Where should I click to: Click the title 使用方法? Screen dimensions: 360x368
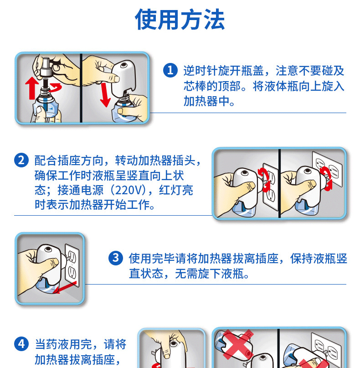pyautogui.click(x=180, y=19)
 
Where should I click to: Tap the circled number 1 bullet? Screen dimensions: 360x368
pyautogui.click(x=170, y=70)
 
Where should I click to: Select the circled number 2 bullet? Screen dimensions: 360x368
pyautogui.click(x=21, y=160)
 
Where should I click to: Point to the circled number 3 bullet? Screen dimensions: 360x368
pyautogui.click(x=116, y=258)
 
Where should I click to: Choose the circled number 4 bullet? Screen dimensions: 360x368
pyautogui.click(x=21, y=344)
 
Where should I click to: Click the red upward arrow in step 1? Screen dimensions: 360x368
pyautogui.click(x=32, y=88)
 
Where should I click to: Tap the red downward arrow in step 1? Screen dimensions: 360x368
pyautogui.click(x=105, y=94)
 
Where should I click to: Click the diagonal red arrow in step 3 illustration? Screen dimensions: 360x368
pyautogui.click(x=65, y=287)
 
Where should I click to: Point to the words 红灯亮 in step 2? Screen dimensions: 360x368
pyautogui.click(x=176, y=190)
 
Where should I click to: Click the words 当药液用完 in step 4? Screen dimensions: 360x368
pyautogui.click(x=63, y=344)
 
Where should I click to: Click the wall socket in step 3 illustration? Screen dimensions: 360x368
pyautogui.click(x=72, y=265)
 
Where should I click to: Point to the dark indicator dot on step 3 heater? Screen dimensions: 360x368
pyautogui.click(x=48, y=249)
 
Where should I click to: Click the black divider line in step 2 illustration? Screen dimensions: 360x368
pyautogui.click(x=279, y=183)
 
